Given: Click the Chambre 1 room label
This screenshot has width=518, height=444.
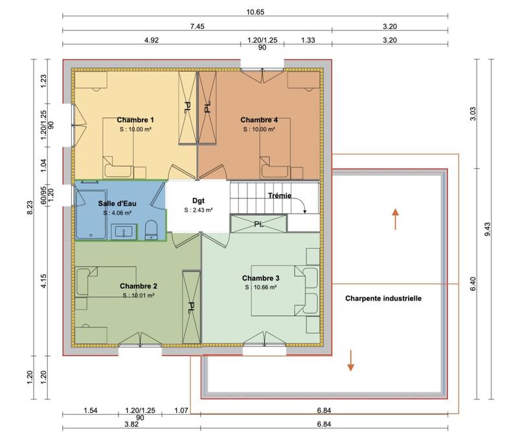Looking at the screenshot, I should coord(135,120).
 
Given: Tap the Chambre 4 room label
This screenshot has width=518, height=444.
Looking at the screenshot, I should coord(259,120).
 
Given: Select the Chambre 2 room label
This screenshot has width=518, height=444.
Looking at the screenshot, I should coord(139,286).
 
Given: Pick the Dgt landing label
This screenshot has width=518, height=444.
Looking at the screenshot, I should coord(198,201).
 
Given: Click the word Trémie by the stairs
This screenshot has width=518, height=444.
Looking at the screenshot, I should coord(280,196).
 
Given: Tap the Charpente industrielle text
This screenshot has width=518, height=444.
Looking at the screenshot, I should coord(383,299).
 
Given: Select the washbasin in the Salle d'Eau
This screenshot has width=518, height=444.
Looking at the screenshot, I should coord(123,231).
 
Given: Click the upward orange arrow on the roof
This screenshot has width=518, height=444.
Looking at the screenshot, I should coord(394,218).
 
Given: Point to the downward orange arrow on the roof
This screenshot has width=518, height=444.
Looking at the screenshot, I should coord(350,360).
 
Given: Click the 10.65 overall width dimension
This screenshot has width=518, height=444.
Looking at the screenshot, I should coord(255,12).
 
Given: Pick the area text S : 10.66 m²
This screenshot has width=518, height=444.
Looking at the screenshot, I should coord(260,287).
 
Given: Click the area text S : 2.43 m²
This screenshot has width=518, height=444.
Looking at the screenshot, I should coord(198,210).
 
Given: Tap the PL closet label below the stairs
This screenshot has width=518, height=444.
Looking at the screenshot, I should coord(258,224).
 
